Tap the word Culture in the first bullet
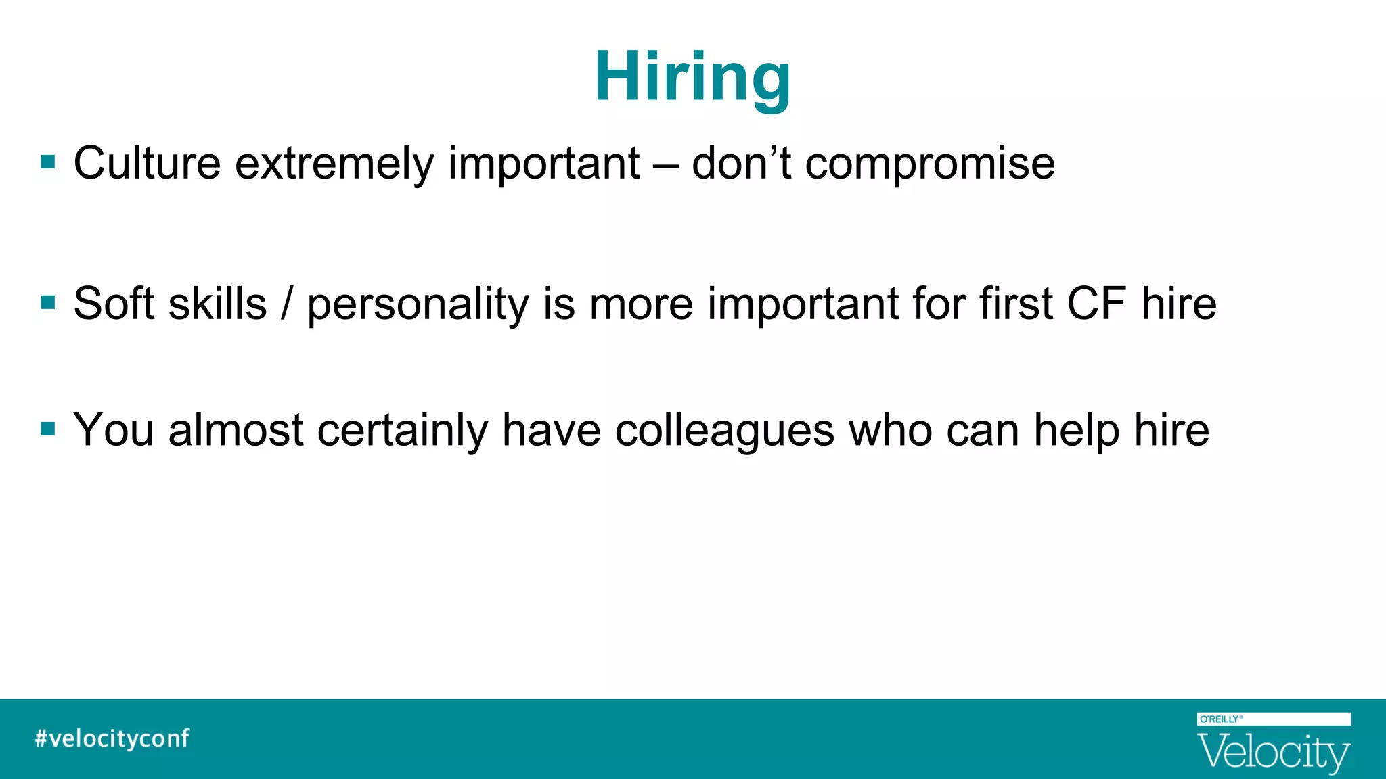[x=147, y=164]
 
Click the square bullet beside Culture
[x=48, y=162]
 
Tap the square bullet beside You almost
[x=48, y=429]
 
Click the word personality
[x=418, y=304]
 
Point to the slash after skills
[x=287, y=304]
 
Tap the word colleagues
[x=724, y=431]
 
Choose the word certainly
[x=402, y=431]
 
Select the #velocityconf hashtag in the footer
[x=112, y=738]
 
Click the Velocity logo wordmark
[x=1273, y=753]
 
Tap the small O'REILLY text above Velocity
[x=1220, y=719]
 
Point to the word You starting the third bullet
[x=114, y=430]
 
